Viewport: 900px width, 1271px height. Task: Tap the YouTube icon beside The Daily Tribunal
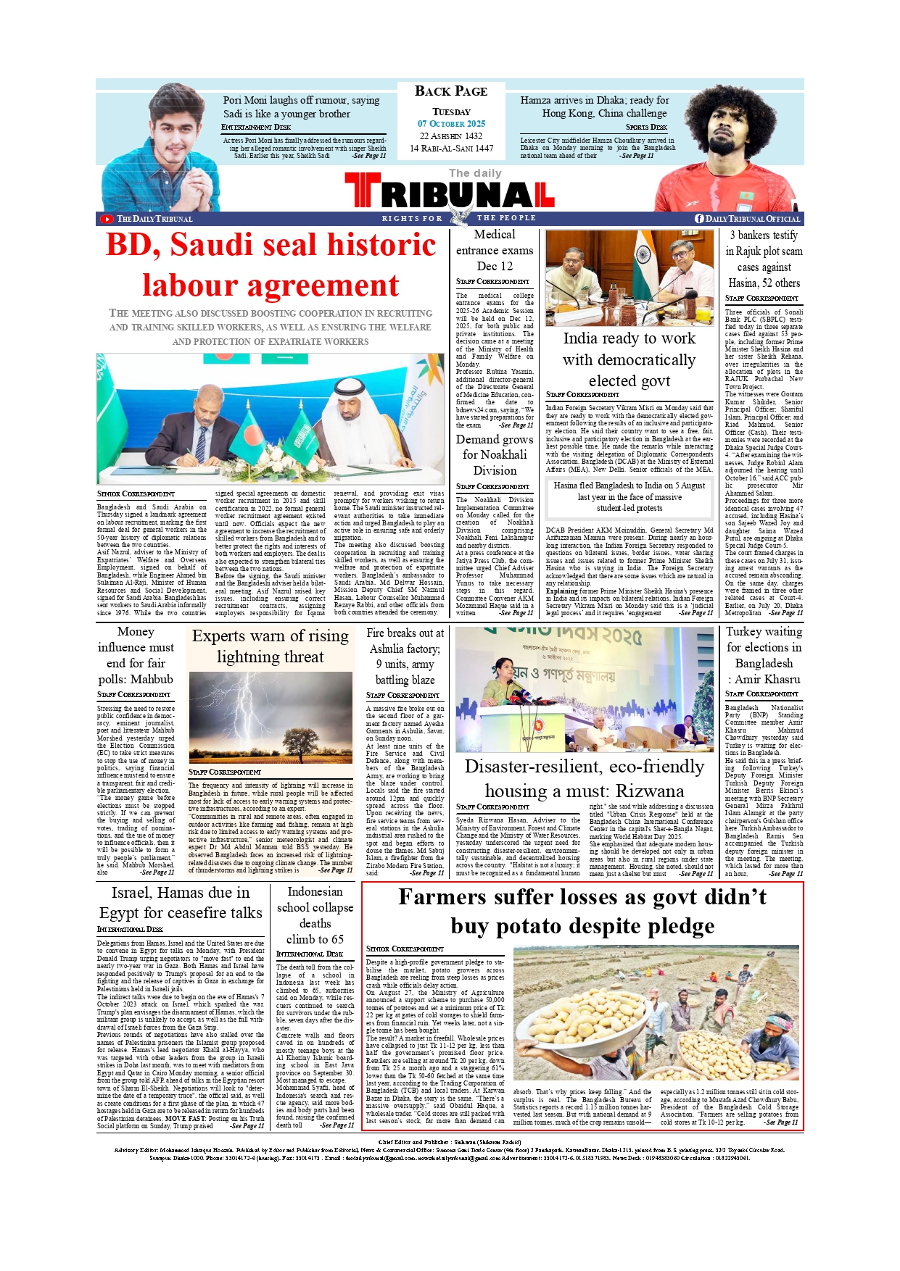pyautogui.click(x=107, y=219)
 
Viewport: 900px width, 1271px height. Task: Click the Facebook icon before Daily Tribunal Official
pyautogui.click(x=699, y=218)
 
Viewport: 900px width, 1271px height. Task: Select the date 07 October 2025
pyautogui.click(x=451, y=124)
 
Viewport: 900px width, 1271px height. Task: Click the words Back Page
pyautogui.click(x=451, y=91)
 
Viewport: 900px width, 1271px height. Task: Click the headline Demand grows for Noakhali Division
pyautogui.click(x=495, y=454)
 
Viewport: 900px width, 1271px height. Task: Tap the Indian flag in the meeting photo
pyautogui.click(x=644, y=257)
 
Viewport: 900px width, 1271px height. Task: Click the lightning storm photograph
pyautogui.click(x=270, y=714)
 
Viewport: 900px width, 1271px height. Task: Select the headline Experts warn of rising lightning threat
pyautogui.click(x=270, y=646)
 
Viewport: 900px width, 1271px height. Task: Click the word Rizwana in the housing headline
pyautogui.click(x=650, y=791)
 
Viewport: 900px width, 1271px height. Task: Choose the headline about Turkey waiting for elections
pyautogui.click(x=764, y=655)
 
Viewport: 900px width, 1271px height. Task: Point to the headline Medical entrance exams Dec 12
pyautogui.click(x=495, y=250)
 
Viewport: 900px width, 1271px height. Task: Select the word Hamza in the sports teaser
pyautogui.click(x=536, y=101)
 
